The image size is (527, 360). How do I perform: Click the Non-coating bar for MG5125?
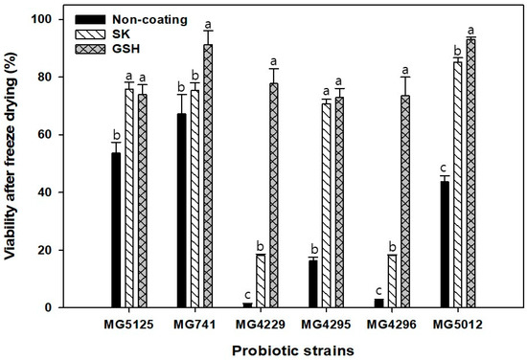116,230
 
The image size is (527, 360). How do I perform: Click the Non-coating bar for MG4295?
313,283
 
